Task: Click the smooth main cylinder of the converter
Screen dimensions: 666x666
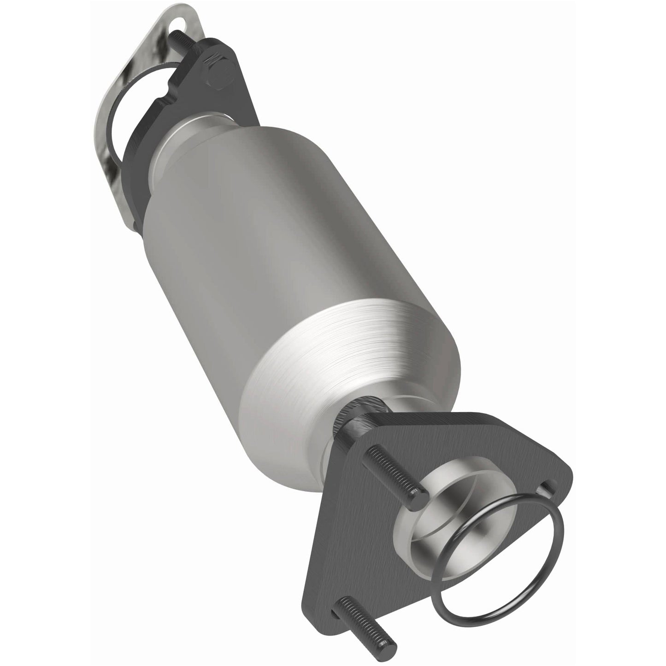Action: pos(258,221)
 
